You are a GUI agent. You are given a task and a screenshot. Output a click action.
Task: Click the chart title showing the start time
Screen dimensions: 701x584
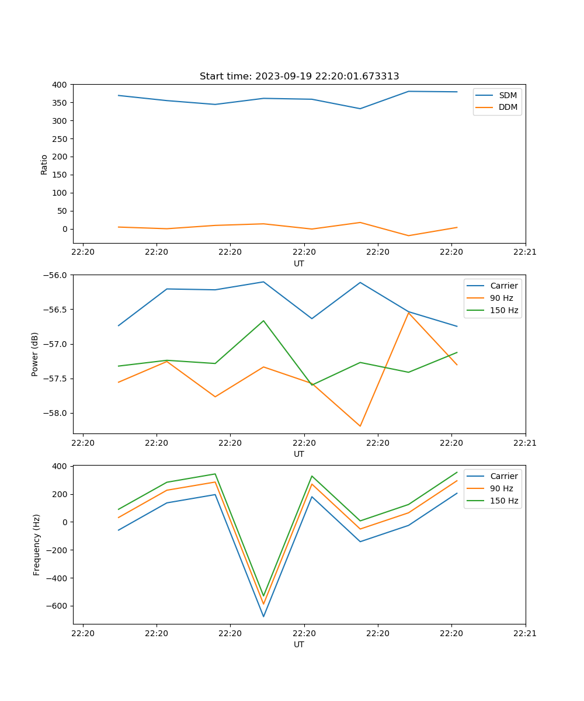pos(299,77)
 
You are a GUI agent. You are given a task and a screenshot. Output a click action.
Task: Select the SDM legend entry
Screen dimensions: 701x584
pos(507,95)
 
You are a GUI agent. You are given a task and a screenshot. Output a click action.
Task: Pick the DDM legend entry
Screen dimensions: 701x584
pos(507,107)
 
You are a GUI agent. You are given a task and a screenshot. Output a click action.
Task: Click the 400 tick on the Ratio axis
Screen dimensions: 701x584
pos(60,85)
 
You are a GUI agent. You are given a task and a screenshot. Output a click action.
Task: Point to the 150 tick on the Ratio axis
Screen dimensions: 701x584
pos(60,175)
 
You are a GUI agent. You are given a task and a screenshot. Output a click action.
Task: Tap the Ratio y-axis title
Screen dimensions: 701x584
pos(44,164)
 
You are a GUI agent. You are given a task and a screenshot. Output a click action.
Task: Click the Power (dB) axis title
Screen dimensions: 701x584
pos(35,354)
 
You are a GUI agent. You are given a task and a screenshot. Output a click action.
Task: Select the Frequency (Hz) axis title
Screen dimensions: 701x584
pos(36,544)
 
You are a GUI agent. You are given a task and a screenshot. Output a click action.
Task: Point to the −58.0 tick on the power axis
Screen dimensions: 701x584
pos(55,413)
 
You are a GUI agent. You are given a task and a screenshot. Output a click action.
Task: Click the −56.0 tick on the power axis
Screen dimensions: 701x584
pos(55,275)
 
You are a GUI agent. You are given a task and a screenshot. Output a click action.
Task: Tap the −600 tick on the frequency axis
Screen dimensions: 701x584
pos(57,606)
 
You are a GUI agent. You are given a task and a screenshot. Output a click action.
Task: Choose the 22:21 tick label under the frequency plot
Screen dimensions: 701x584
pos(525,632)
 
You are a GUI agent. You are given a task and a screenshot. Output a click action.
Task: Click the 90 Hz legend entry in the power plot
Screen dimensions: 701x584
pos(501,298)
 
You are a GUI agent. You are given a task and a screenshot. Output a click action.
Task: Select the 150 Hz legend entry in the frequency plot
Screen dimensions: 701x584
pos(504,501)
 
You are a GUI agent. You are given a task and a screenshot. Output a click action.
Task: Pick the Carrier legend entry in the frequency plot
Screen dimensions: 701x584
pos(503,476)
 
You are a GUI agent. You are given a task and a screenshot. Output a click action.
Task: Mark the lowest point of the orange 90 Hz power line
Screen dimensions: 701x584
pos(360,426)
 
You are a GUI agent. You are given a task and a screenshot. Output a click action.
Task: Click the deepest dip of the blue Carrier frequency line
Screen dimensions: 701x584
pos(263,616)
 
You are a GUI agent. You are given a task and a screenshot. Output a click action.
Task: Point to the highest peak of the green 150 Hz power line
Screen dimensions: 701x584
pos(263,321)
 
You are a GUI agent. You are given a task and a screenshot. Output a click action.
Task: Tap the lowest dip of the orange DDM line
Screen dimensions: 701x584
pos(408,235)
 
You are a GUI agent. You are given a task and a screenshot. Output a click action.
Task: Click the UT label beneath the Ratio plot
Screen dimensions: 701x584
pos(299,263)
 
